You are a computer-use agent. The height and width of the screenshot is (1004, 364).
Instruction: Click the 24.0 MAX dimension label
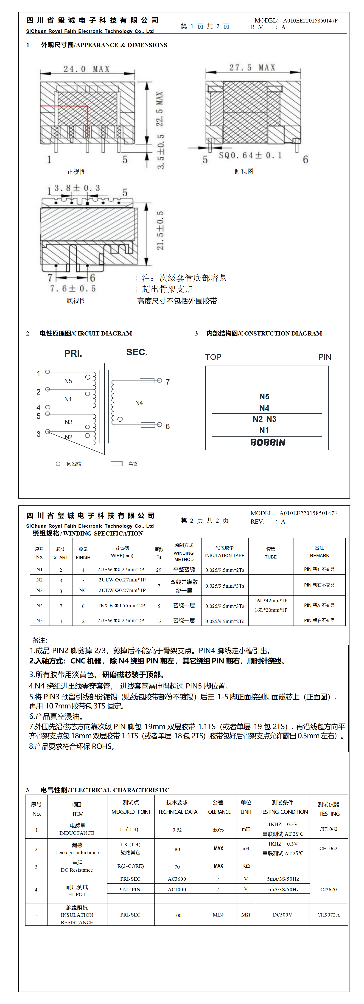point(87,69)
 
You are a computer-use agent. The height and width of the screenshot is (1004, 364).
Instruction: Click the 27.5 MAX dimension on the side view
point(252,68)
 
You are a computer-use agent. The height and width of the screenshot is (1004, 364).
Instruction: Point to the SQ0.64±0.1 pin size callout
point(250,155)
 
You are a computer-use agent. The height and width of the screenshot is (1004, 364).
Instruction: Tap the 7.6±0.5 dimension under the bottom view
point(73,288)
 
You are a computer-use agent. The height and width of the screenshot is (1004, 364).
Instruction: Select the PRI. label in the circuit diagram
point(73,353)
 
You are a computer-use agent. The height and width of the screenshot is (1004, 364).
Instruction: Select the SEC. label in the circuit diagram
point(137,352)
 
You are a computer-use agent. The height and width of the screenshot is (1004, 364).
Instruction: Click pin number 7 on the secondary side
point(168,382)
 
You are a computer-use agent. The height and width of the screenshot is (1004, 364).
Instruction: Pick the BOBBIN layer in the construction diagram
point(268,442)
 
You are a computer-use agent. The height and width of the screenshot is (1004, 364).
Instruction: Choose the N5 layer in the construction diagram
point(264,396)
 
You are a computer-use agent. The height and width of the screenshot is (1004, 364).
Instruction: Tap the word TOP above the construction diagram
point(213,357)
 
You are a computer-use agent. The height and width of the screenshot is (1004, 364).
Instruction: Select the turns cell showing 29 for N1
point(159,570)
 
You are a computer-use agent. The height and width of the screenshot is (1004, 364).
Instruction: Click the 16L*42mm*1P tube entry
point(271,601)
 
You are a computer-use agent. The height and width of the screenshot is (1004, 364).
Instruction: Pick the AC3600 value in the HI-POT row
point(177,879)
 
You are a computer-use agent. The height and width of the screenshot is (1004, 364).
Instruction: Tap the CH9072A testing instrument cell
point(328,915)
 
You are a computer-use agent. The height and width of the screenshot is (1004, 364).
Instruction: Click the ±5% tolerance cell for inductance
point(218,830)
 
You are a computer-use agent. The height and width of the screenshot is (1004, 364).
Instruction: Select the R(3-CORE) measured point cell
point(131,866)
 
